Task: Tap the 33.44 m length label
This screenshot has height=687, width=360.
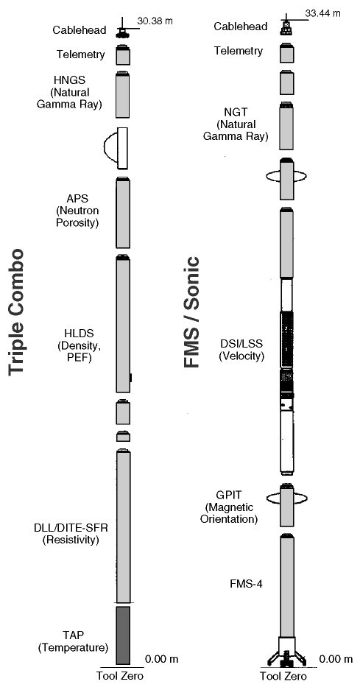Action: click(322, 13)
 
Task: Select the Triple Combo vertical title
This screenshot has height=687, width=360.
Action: click(16, 311)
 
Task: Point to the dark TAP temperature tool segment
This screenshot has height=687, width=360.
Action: click(123, 635)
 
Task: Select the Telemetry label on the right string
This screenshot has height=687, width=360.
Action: click(239, 51)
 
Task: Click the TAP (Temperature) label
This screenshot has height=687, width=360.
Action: click(73, 641)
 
